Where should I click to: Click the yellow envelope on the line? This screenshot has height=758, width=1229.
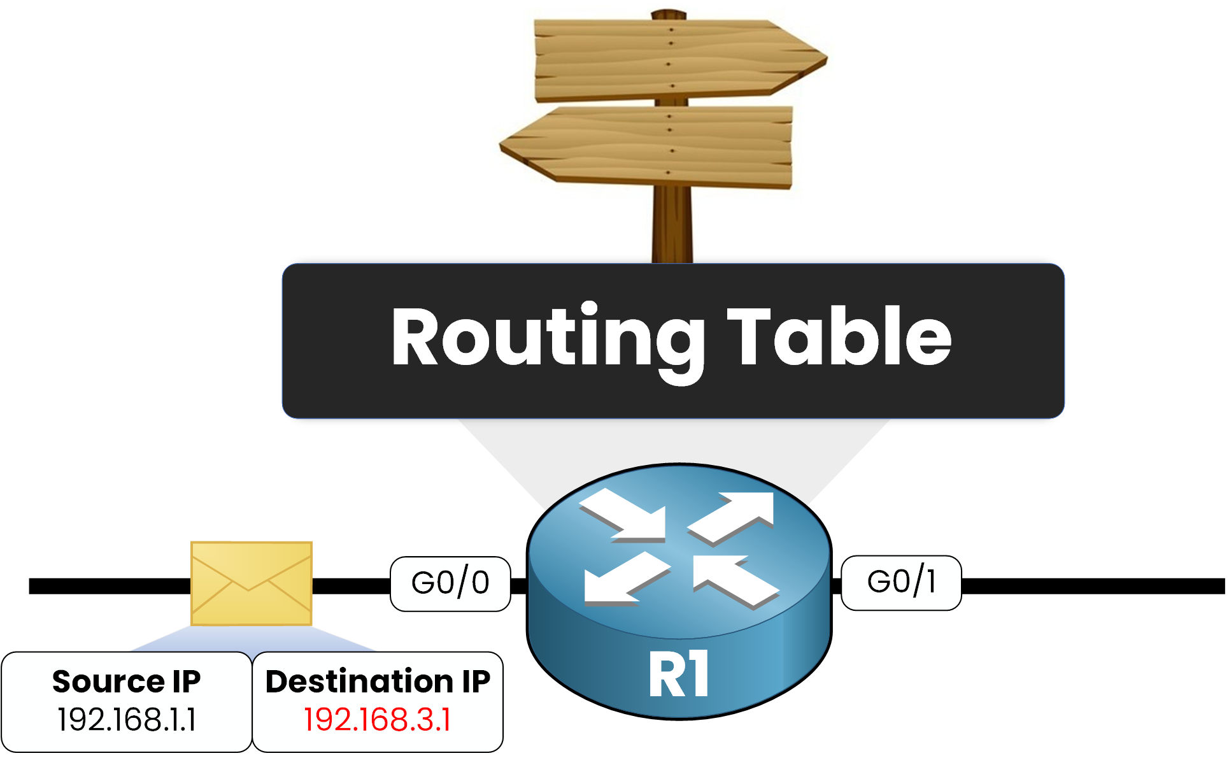click(252, 583)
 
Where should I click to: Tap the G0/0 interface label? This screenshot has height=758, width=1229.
click(450, 583)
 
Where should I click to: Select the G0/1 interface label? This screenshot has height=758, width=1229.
click(901, 582)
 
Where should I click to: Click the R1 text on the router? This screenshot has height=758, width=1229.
click(679, 675)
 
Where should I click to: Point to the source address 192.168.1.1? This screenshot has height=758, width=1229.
click(127, 720)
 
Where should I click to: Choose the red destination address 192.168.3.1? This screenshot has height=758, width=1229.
click(378, 720)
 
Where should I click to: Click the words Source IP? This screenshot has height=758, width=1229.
click(127, 682)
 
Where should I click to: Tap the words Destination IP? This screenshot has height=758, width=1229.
click(378, 682)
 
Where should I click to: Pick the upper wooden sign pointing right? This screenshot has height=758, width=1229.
click(669, 61)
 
